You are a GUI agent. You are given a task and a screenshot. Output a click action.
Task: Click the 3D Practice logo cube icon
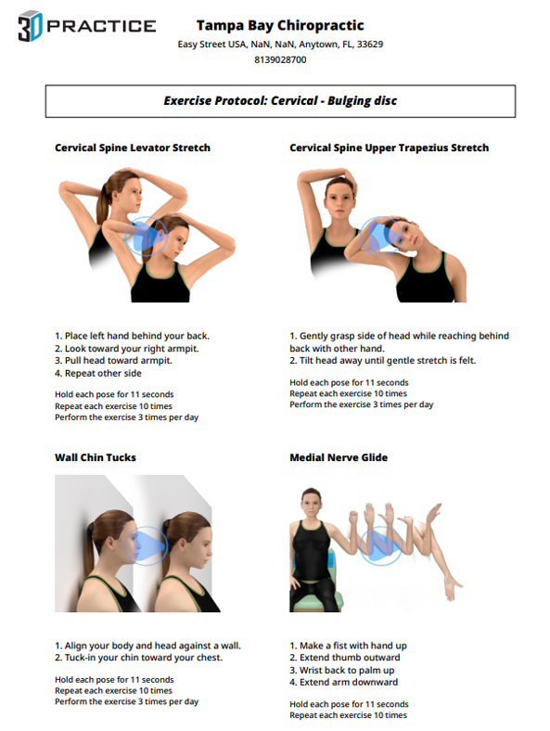coord(31,26)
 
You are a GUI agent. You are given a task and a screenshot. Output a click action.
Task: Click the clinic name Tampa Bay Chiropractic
coord(280,25)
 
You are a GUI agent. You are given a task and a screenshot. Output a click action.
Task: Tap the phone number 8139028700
coord(280,59)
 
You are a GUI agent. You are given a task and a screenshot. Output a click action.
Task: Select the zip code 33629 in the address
coord(370,45)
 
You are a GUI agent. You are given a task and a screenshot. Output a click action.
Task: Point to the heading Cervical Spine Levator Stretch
coord(133,147)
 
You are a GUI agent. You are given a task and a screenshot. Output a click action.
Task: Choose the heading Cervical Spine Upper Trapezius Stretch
coord(390,147)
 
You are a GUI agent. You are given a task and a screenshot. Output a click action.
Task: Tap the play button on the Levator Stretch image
coord(146,236)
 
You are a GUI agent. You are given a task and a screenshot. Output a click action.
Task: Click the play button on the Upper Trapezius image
coord(381,236)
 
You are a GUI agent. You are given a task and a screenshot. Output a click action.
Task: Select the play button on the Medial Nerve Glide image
coord(381,545)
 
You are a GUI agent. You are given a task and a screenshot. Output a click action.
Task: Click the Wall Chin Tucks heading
coord(96,457)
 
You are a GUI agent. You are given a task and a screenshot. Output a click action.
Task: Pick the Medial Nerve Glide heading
coord(339,457)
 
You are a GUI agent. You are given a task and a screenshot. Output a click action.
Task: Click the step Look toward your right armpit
coord(127,348)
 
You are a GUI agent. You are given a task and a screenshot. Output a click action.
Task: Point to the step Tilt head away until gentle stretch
coord(383,360)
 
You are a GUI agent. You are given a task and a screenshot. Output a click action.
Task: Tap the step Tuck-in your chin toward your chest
coord(139,658)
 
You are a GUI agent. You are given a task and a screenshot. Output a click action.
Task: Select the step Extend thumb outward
coord(345,658)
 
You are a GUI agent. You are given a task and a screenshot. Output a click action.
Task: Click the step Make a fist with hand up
coord(348,646)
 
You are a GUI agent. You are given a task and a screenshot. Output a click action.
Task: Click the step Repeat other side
coord(98,373)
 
